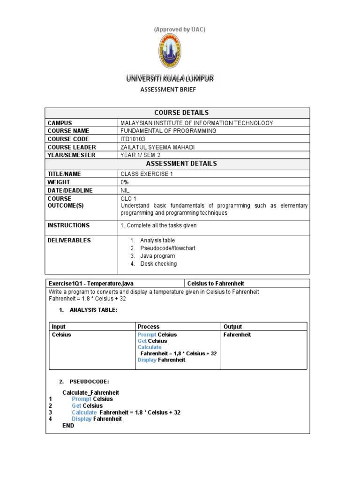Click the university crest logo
pyautogui.click(x=169, y=52)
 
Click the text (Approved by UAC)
pyautogui.click(x=180, y=30)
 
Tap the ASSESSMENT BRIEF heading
pyautogui.click(x=170, y=90)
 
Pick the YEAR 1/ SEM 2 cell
pyautogui.click(x=141, y=155)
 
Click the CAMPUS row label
pyautogui.click(x=60, y=123)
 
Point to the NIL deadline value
pyautogui.click(x=125, y=191)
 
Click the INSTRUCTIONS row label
pyautogui.click(x=68, y=225)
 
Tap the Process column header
pyautogui.click(x=148, y=327)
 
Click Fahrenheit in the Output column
pyautogui.click(x=237, y=335)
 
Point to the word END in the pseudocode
pyautogui.click(x=68, y=426)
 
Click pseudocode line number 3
pyautogui.click(x=50, y=412)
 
